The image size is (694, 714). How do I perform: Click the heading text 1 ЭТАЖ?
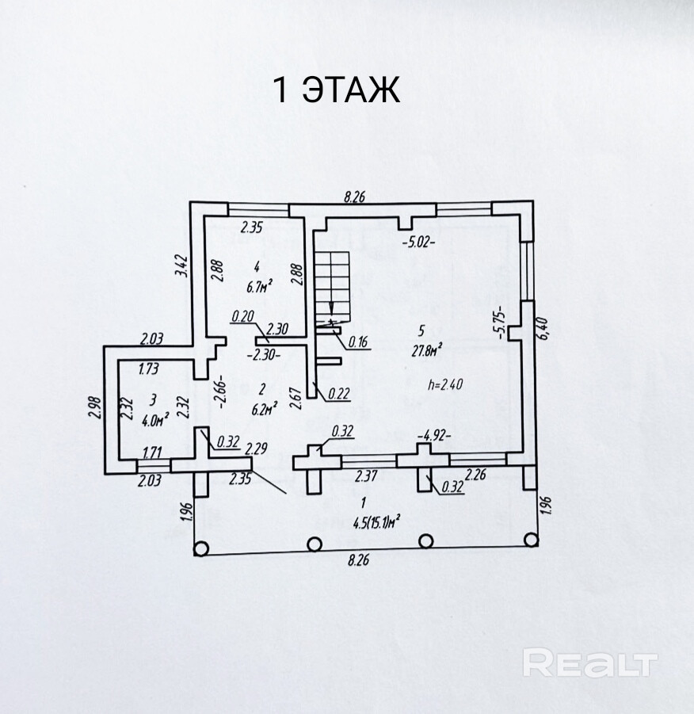coord(336,90)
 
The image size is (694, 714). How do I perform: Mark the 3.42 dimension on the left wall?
coord(181,264)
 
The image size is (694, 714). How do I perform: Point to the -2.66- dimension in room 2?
coord(224,389)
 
